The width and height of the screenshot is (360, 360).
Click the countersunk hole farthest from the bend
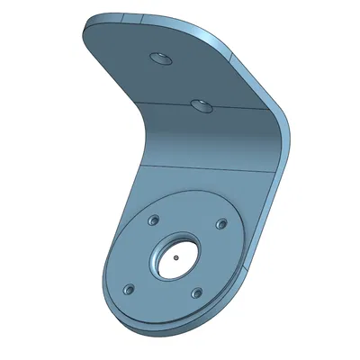pos(160,58)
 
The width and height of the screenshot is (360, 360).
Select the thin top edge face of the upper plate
pos(162,20)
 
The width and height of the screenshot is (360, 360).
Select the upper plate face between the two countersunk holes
pos(180,81)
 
